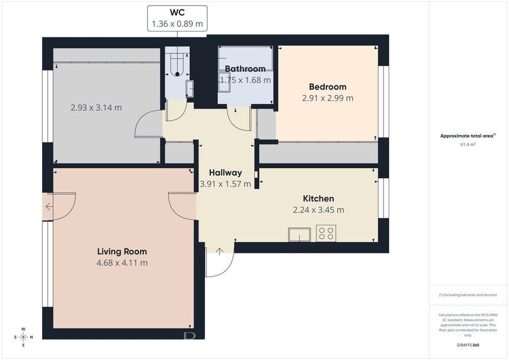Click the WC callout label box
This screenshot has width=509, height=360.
pos(177,18)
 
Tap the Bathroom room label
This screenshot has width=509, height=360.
pos(245,69)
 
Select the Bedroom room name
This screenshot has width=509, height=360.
pos(328,87)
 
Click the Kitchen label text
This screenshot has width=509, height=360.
pos(318,199)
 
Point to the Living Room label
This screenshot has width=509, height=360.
pos(122,251)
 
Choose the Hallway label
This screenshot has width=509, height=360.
pos(225,172)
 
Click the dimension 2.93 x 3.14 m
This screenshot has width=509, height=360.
pos(96,107)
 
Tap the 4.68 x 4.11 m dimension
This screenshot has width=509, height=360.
pos(122,263)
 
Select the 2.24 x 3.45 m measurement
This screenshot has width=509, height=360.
pos(318,210)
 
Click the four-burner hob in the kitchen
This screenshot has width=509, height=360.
pos(326,233)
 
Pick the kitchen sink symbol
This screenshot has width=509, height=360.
pos(299,235)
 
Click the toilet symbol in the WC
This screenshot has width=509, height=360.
pos(177,64)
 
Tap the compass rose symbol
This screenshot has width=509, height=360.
pos(23,337)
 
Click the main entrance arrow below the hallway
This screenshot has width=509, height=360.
pos(220,251)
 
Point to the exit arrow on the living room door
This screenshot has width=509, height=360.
pos(49,206)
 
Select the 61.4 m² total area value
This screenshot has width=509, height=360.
pos(468,145)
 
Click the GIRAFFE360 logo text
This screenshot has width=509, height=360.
pos(468,345)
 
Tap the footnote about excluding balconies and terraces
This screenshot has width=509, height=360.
pos(468,295)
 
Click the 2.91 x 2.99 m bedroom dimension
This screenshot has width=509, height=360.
pos(328,98)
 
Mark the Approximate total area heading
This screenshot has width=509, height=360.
pos(468,136)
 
